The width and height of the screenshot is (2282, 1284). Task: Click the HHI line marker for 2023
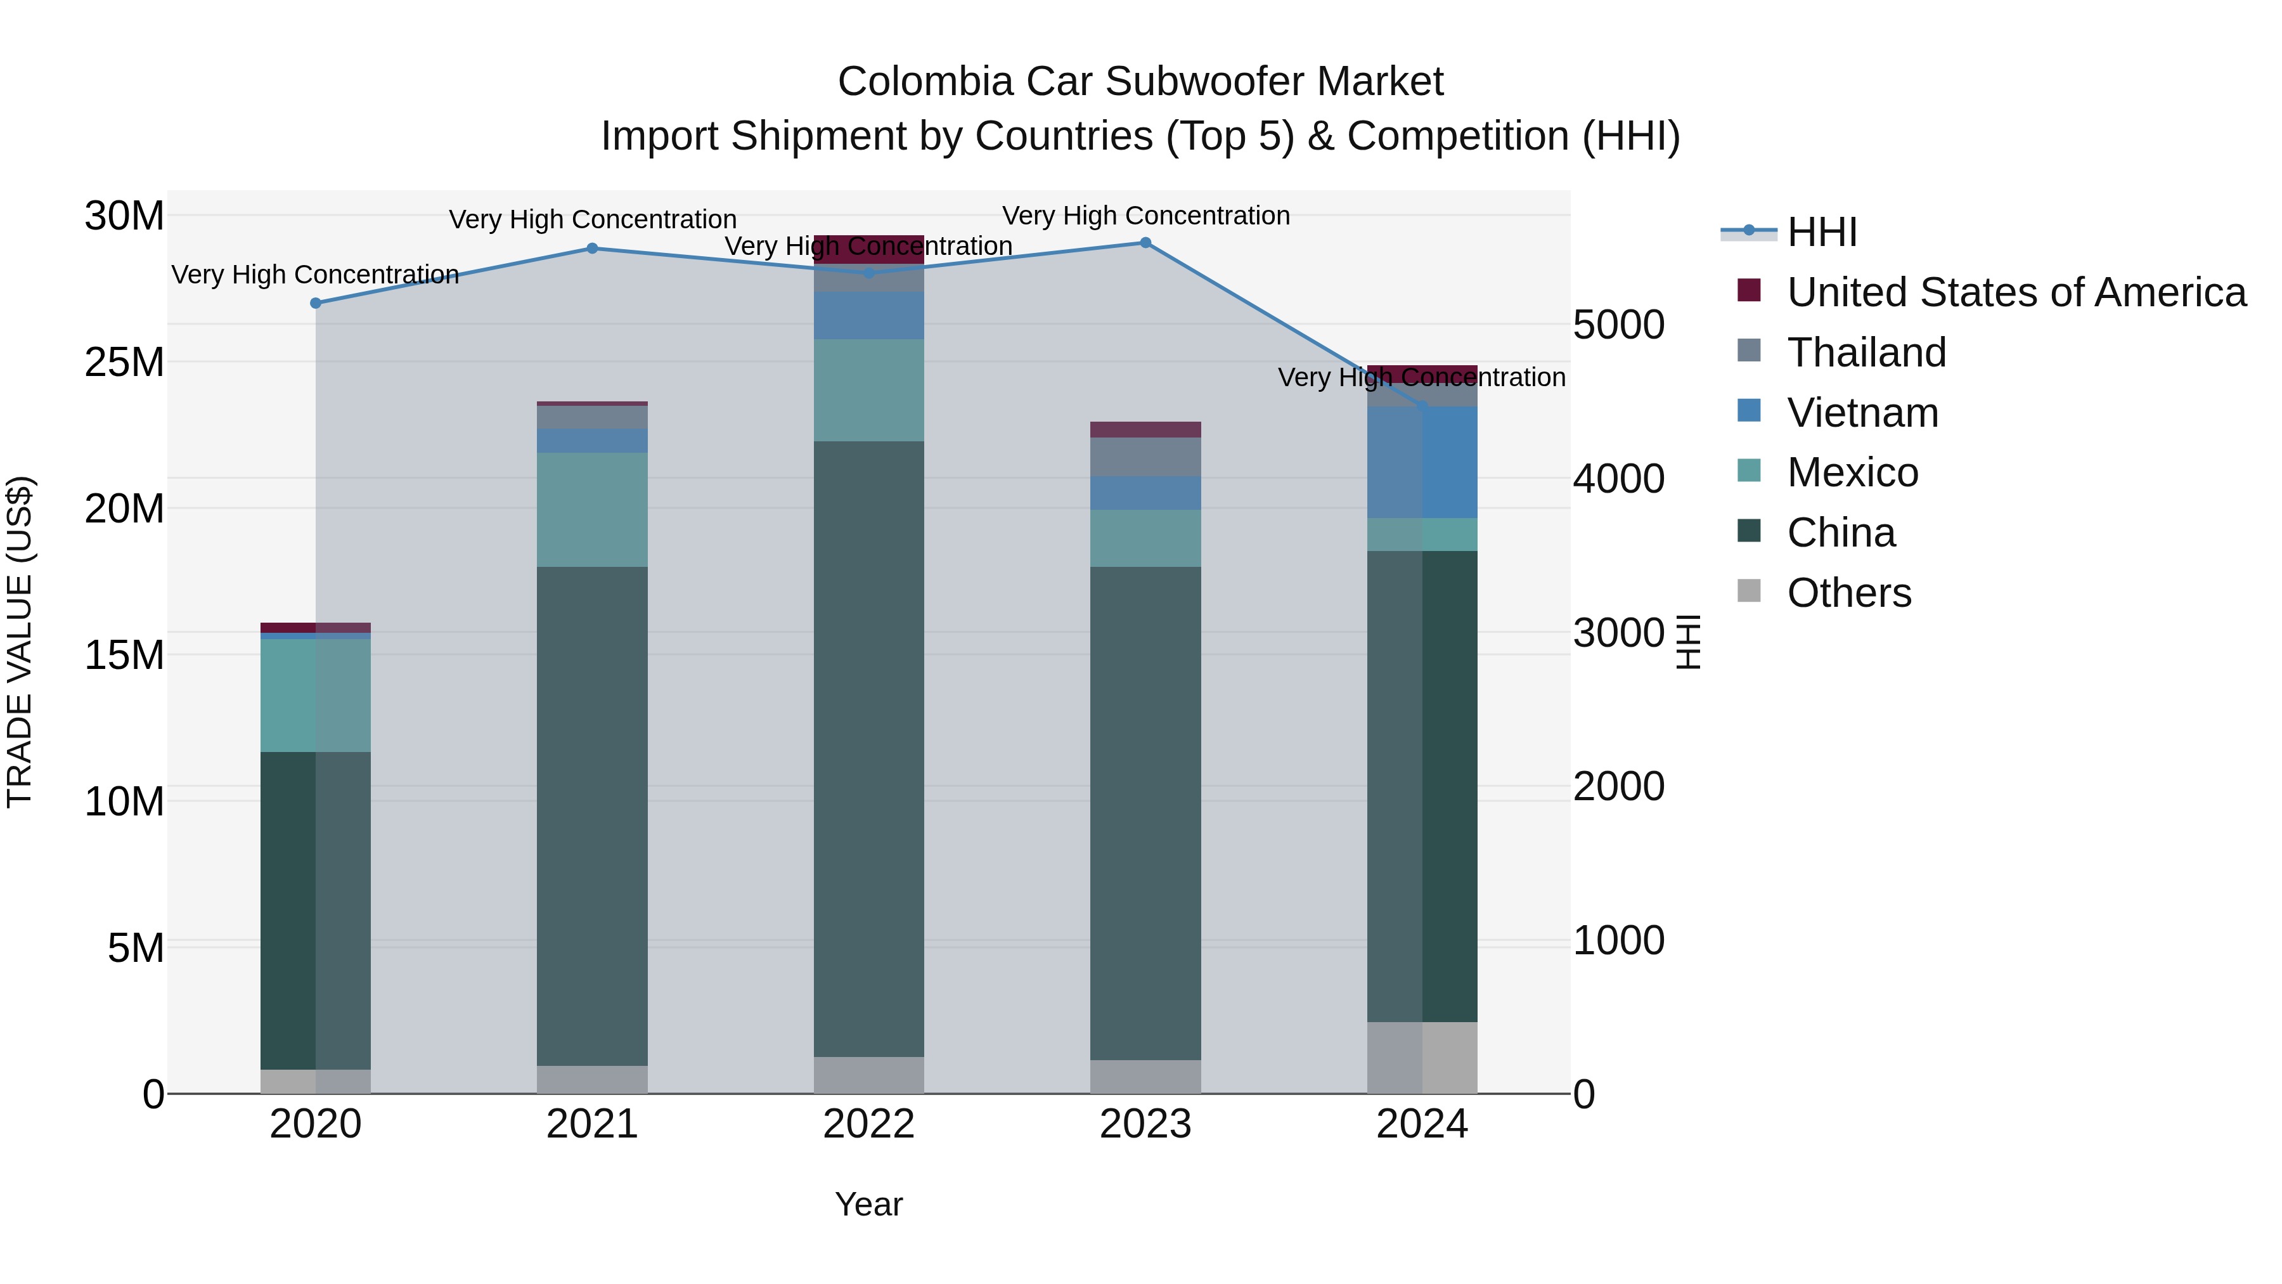1145,243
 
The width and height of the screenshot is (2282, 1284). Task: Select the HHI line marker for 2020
316,303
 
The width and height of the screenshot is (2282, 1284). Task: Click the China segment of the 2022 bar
868,749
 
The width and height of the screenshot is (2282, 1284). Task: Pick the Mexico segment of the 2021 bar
592,510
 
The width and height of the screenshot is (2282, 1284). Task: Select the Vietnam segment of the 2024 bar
1422,463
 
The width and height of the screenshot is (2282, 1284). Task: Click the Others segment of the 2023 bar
1145,1077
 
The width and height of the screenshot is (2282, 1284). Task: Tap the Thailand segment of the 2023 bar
1145,457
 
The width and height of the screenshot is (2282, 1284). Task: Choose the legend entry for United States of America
2015,292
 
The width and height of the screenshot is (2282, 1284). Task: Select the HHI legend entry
1821,232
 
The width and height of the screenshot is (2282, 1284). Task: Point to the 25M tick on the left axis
124,363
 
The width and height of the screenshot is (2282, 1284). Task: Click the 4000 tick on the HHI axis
1618,479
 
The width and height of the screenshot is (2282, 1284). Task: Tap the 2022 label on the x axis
868,1124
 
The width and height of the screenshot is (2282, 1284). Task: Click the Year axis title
868,1204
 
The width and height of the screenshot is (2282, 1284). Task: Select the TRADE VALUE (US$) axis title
20,642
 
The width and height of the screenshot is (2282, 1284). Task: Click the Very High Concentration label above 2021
592,219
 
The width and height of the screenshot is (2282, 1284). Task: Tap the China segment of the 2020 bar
316,911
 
